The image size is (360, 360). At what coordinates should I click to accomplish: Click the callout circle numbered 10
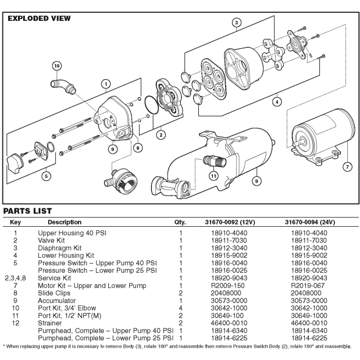tap(57, 66)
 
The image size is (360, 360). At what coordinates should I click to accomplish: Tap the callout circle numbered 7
tap(347, 167)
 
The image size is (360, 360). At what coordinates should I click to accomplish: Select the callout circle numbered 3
tap(236, 23)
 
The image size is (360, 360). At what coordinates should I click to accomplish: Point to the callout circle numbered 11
tap(213, 175)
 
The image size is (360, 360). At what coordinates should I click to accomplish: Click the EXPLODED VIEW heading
tap(38, 19)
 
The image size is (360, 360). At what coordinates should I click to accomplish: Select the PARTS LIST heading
tap(27, 211)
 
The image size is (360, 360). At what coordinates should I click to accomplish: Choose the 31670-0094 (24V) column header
tap(310, 222)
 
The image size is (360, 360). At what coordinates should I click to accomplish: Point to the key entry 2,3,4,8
tap(16, 279)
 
